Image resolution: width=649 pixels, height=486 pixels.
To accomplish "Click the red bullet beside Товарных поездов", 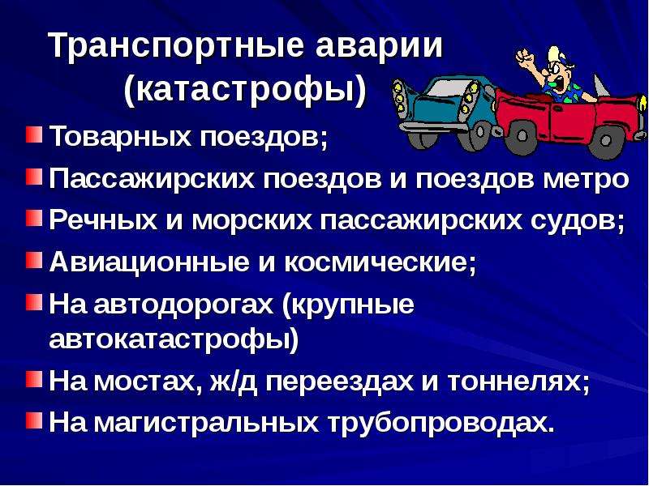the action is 34,134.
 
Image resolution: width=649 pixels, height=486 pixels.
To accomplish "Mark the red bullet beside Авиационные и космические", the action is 34,260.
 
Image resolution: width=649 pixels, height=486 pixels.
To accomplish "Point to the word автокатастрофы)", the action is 174,340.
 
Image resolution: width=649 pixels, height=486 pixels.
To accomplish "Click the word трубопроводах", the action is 441,422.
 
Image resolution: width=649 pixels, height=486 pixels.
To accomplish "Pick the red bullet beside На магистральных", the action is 34,420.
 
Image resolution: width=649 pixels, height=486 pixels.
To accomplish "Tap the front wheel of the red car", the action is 522,136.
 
